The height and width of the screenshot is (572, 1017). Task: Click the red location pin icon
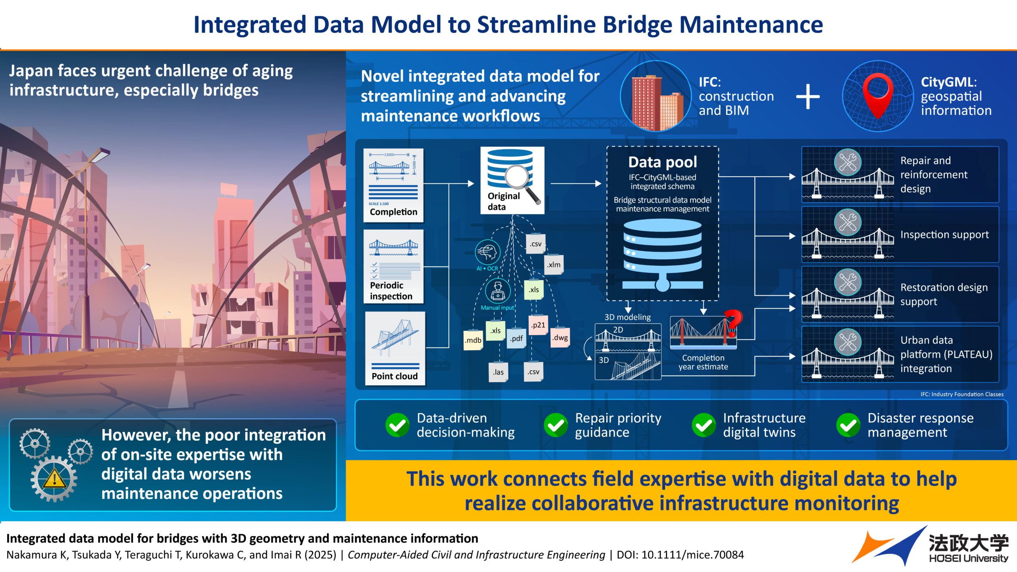click(878, 94)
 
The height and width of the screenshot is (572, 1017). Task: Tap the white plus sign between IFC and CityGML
click(808, 97)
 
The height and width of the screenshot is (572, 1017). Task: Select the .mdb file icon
click(473, 340)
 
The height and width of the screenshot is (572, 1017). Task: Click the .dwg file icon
click(560, 338)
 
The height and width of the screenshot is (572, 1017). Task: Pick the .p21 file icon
click(538, 325)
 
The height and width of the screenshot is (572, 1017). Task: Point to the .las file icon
click(498, 372)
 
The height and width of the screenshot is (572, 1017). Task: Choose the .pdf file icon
click(516, 338)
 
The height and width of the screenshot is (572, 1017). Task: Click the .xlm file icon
click(553, 265)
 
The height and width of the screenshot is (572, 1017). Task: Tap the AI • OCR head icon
click(487, 252)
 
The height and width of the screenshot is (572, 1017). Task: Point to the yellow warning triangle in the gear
click(54, 479)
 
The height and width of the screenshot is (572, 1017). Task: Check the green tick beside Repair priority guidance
click(556, 425)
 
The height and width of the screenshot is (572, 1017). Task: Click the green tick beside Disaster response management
click(848, 425)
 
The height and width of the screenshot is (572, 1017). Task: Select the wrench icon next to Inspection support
click(847, 222)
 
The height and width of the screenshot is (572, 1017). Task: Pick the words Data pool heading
click(663, 162)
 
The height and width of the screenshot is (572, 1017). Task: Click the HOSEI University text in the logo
click(969, 558)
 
